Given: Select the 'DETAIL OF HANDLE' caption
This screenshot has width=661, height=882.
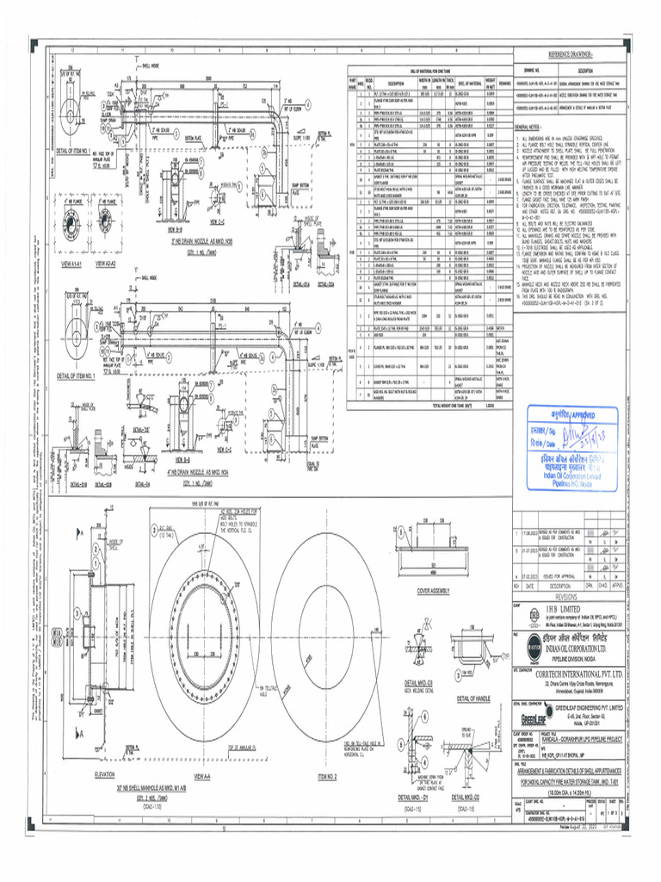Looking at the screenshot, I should pyautogui.click(x=473, y=698).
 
